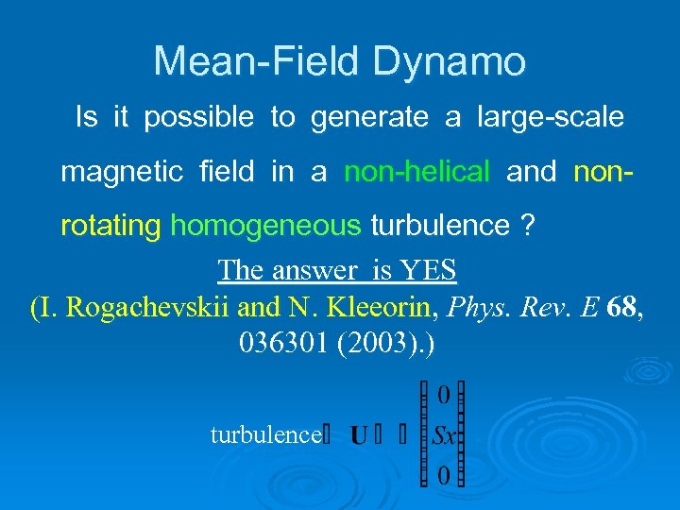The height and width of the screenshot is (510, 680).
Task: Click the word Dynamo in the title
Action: (450, 62)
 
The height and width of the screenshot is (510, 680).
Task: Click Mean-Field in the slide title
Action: (258, 62)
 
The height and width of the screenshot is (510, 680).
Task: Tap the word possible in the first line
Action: (198, 118)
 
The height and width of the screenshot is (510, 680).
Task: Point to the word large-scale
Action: (551, 118)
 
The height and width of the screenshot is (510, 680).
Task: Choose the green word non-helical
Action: (416, 173)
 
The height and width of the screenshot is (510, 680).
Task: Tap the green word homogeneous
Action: (266, 227)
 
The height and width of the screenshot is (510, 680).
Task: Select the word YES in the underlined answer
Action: (429, 271)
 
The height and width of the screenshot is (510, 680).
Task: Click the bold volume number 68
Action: (620, 308)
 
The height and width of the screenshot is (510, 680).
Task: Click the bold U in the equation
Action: (359, 435)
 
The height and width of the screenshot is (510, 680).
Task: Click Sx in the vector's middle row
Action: (444, 436)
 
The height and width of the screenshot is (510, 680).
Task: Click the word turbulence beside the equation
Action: (264, 434)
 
